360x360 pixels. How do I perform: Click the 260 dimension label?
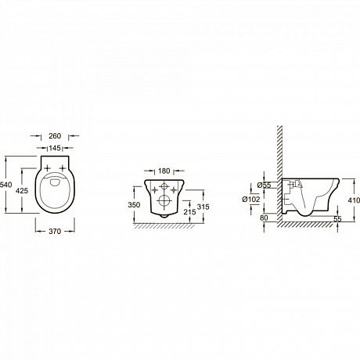click(x=55, y=136)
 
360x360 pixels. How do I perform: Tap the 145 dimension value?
click(x=55, y=148)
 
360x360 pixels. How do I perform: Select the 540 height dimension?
click(x=5, y=185)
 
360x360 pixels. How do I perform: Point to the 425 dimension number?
click(x=22, y=191)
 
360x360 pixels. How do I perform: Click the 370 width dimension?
click(x=55, y=232)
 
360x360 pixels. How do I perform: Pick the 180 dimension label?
click(x=164, y=171)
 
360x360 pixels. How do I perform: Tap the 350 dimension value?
click(x=134, y=205)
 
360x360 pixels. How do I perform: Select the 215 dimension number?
click(x=189, y=212)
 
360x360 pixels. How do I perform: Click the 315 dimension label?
click(x=203, y=207)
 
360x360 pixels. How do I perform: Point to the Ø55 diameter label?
click(x=264, y=185)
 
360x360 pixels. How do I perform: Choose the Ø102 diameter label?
click(x=251, y=200)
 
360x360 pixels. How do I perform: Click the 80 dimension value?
click(x=264, y=218)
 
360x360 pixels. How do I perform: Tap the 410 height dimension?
click(x=354, y=200)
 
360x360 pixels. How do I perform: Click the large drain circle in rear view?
click(x=164, y=201)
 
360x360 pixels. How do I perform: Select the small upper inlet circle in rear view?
click(x=164, y=186)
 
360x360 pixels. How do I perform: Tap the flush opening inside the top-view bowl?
click(x=55, y=182)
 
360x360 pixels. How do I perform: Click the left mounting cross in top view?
click(x=48, y=168)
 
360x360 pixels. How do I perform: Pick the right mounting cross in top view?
click(x=63, y=168)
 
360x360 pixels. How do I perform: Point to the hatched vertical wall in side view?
click(x=279, y=175)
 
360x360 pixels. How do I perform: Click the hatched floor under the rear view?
click(x=164, y=226)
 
